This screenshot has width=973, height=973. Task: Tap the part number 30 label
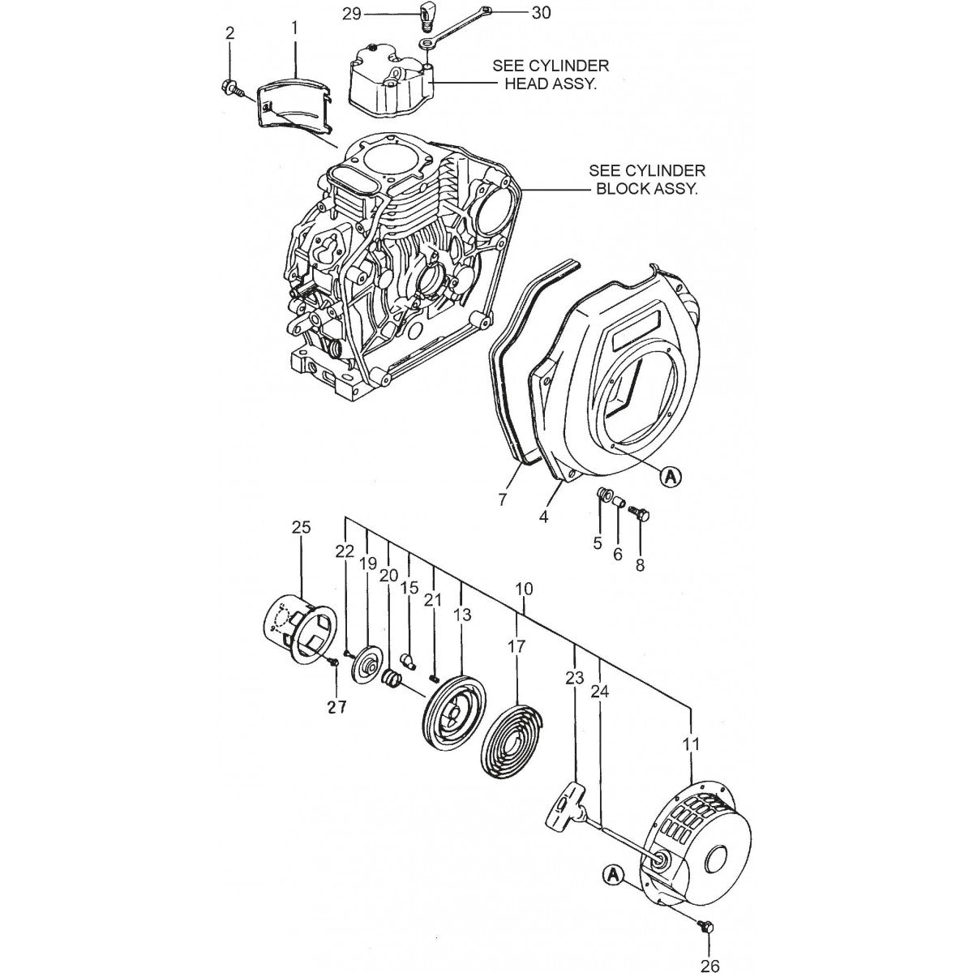(x=540, y=14)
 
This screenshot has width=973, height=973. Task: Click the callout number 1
(x=294, y=28)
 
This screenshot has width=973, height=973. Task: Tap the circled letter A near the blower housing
(x=670, y=478)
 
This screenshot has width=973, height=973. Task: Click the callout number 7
(x=503, y=499)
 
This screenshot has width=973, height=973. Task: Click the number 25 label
(x=301, y=528)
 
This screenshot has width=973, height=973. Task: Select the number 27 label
(x=336, y=707)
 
